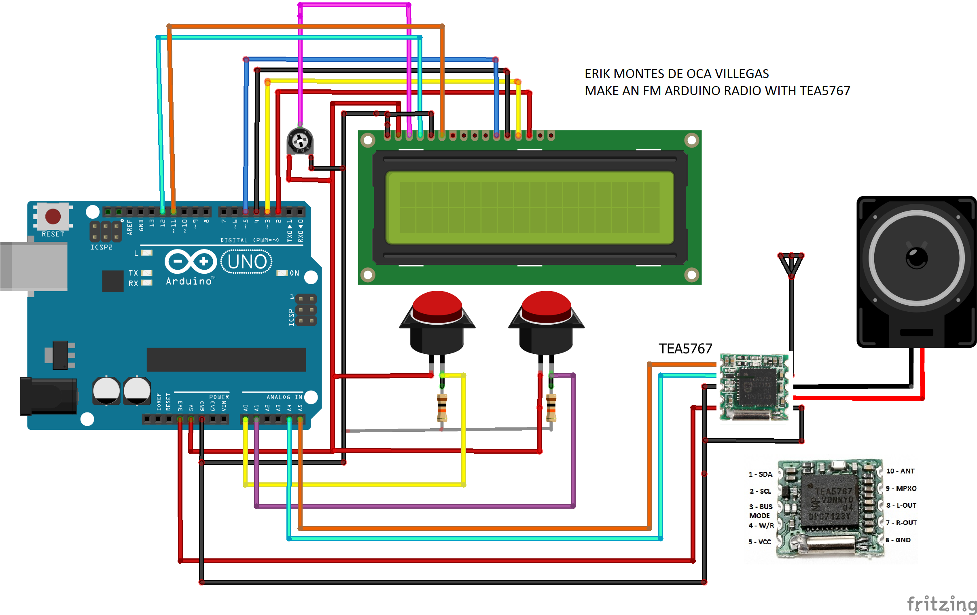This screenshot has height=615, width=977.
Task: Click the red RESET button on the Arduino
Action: [x=53, y=216]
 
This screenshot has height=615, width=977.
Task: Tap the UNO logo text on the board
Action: [x=247, y=262]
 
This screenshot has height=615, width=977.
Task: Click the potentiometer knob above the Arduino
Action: [x=300, y=142]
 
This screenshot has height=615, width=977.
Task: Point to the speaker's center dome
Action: [x=917, y=258]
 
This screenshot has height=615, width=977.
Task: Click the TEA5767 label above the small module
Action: [x=685, y=349]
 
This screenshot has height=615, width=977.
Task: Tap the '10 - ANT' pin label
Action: [x=900, y=471]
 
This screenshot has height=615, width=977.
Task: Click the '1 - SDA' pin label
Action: [x=760, y=474]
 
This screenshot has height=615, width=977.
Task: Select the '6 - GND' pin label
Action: [x=898, y=540]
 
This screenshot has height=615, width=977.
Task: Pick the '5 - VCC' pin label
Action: [x=759, y=542]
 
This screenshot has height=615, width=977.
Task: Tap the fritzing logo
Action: [x=941, y=604]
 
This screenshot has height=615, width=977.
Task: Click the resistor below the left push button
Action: [x=442, y=408]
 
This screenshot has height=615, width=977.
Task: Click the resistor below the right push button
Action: [x=551, y=408]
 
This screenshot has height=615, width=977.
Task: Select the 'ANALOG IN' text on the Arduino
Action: [x=284, y=397]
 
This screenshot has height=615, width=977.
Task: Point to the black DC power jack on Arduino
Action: [x=48, y=396]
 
